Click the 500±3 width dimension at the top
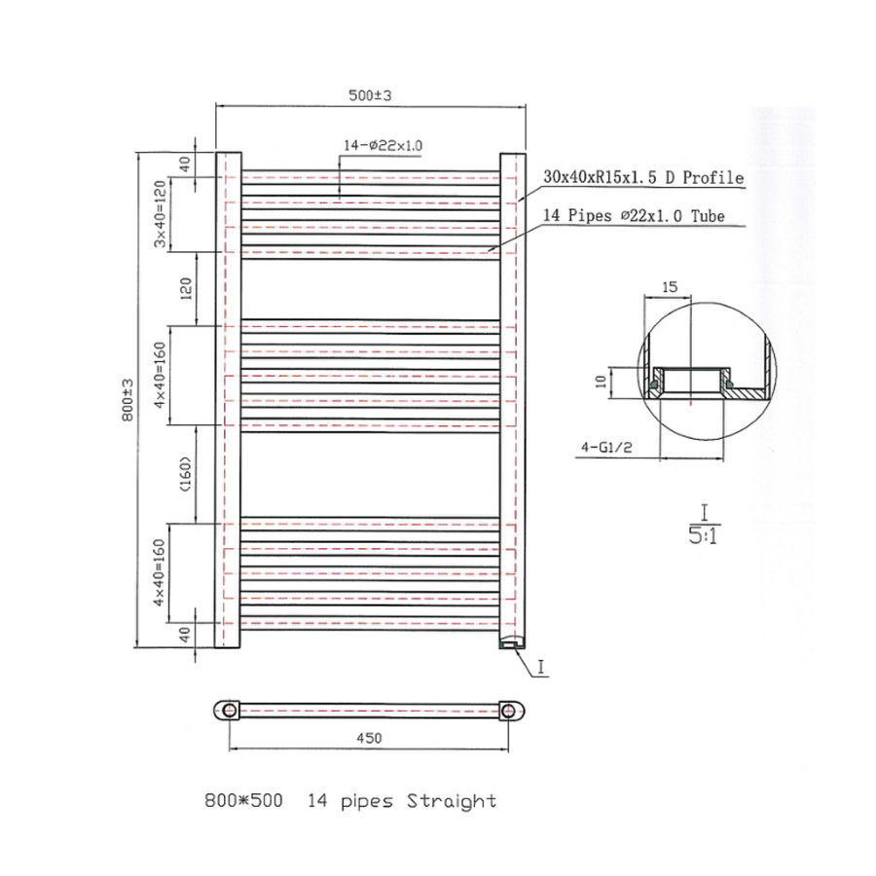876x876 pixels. point(370,95)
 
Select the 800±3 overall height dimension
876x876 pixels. point(127,400)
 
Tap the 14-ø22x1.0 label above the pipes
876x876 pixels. point(382,145)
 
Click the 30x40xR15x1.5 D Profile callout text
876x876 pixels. point(644,178)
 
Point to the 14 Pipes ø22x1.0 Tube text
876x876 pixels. point(633,217)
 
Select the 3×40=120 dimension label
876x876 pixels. point(162,214)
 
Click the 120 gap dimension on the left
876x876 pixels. point(186,288)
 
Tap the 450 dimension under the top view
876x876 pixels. point(369,738)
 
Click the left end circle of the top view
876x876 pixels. point(229,710)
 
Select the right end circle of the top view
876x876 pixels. point(508,710)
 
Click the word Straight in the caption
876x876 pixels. point(452,801)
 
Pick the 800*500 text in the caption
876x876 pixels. point(243,801)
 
